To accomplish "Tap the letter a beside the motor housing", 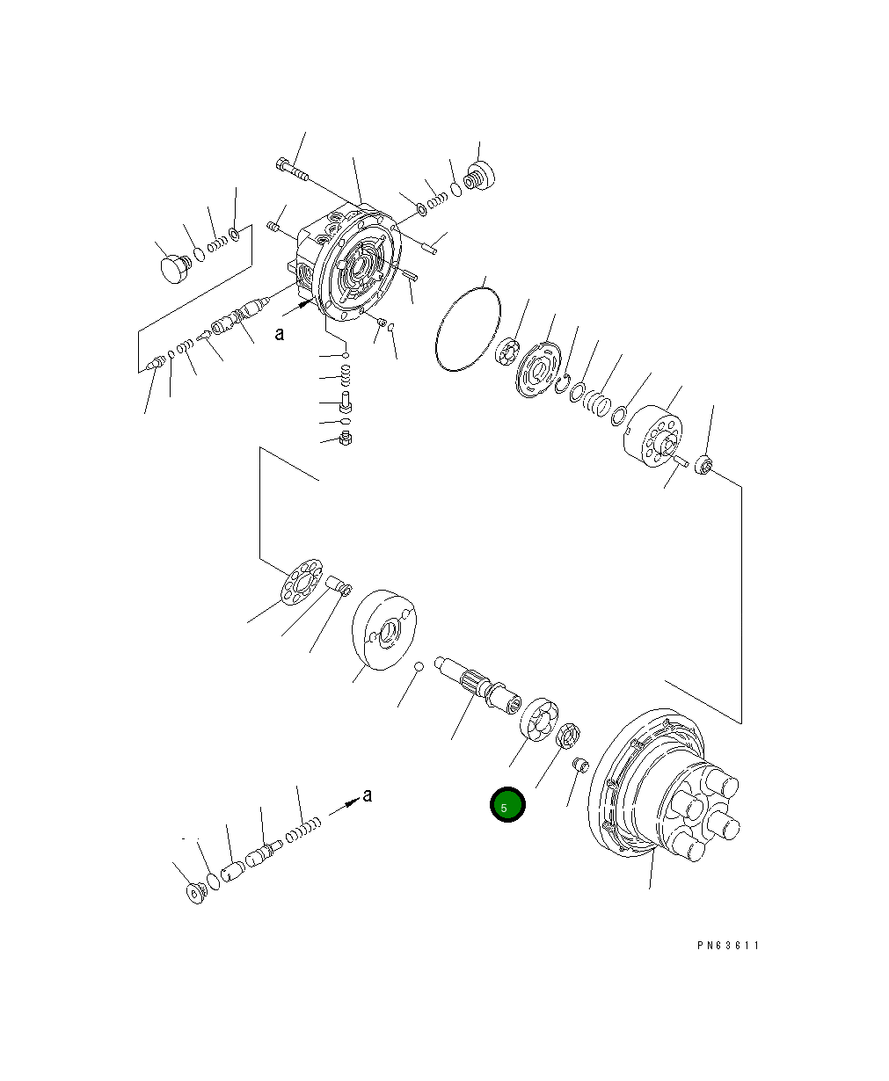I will coord(279,333).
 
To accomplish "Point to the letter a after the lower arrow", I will coord(367,795).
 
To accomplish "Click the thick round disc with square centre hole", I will coord(384,630).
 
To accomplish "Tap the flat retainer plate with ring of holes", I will coord(301,581).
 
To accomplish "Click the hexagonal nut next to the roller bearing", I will coord(567,734).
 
